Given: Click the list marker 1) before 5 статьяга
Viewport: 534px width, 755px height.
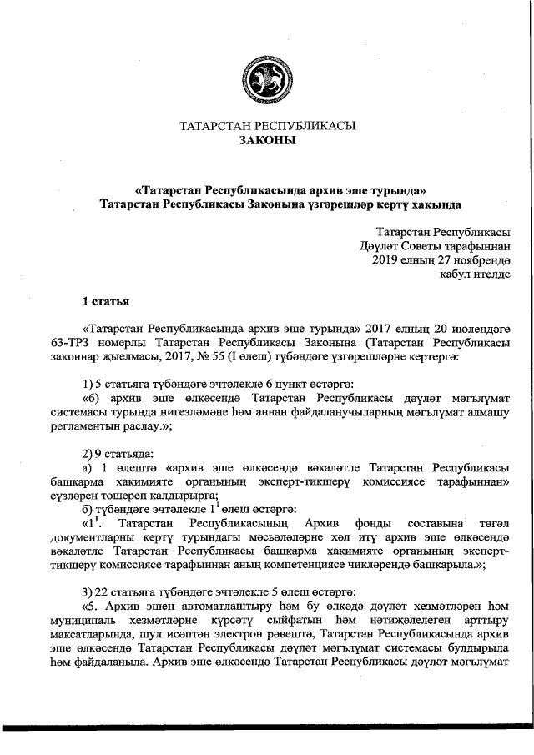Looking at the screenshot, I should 88,382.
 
